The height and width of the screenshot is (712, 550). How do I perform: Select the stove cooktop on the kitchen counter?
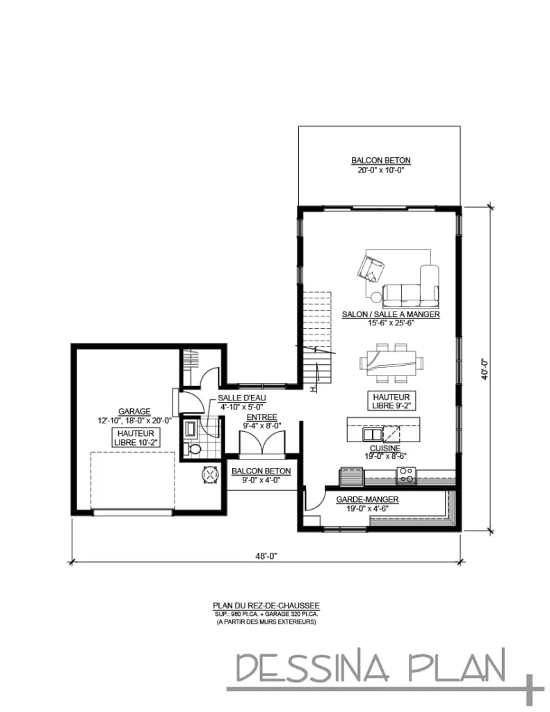pyautogui.click(x=405, y=476)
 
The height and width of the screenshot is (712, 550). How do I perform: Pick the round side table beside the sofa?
pyautogui.click(x=377, y=299)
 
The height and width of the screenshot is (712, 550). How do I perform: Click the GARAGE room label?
pyautogui.click(x=135, y=411)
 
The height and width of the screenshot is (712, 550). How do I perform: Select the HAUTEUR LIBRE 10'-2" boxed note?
pyautogui.click(x=135, y=437)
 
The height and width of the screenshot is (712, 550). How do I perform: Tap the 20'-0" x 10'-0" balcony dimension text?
pyautogui.click(x=380, y=170)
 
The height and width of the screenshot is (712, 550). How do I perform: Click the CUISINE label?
pyautogui.click(x=384, y=448)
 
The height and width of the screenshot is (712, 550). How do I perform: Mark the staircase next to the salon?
pyautogui.click(x=318, y=341)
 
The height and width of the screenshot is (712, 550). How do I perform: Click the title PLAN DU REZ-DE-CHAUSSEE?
pyautogui.click(x=266, y=606)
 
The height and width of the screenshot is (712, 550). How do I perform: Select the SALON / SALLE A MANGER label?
pyautogui.click(x=390, y=314)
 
